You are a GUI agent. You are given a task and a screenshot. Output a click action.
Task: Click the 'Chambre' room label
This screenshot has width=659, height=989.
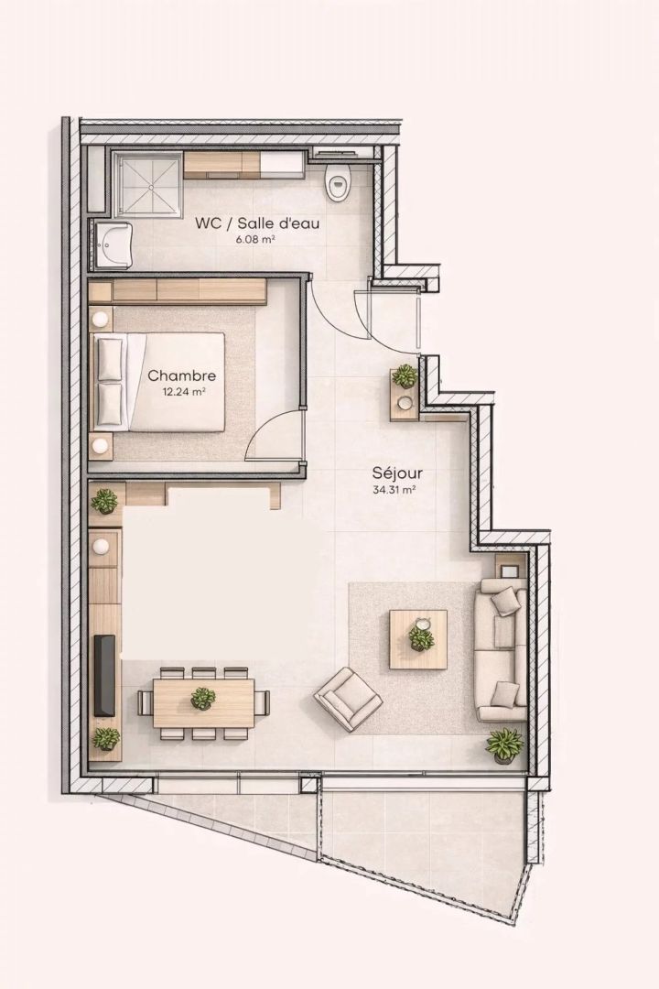coord(181,376)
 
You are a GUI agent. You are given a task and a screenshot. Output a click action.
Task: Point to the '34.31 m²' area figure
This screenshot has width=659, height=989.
coord(395,489)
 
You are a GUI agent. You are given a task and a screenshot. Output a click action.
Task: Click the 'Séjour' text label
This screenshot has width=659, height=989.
coord(397,473)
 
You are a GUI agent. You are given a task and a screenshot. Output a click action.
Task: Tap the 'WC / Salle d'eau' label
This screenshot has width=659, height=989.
coord(257,223)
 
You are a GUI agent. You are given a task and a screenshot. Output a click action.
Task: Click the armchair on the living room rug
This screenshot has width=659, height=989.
coord(348,696)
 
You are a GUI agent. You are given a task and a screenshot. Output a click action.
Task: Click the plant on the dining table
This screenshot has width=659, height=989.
coord(203,698)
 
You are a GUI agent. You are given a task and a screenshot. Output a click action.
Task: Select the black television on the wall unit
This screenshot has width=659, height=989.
coord(104,676)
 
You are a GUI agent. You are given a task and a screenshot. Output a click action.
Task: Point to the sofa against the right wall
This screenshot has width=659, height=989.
coord(502,649)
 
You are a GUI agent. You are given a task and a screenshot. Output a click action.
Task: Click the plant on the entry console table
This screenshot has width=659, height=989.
coord(405,376)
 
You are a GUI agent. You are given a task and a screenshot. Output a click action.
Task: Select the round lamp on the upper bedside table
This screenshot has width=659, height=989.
coord(101,320)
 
